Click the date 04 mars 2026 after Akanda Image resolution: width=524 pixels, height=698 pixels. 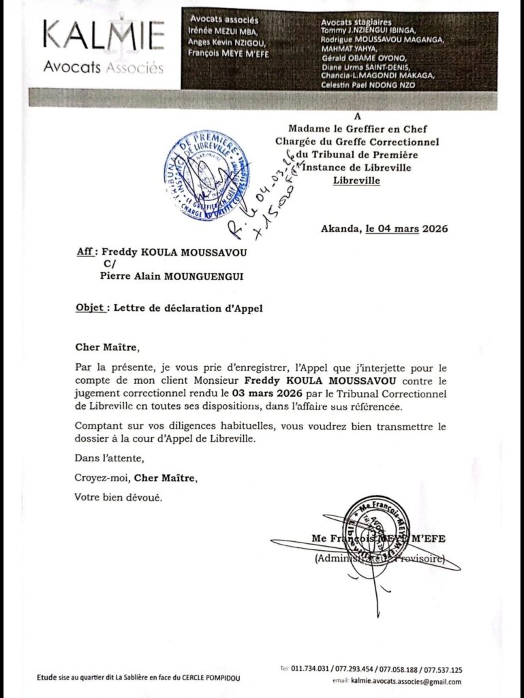click(x=407, y=229)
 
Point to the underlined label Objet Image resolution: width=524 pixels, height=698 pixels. click(x=91, y=308)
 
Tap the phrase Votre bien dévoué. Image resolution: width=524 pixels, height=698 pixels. click(x=118, y=498)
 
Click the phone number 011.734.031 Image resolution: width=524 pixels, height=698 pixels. click(x=314, y=669)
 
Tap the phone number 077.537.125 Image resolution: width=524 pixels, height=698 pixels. click(x=443, y=669)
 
